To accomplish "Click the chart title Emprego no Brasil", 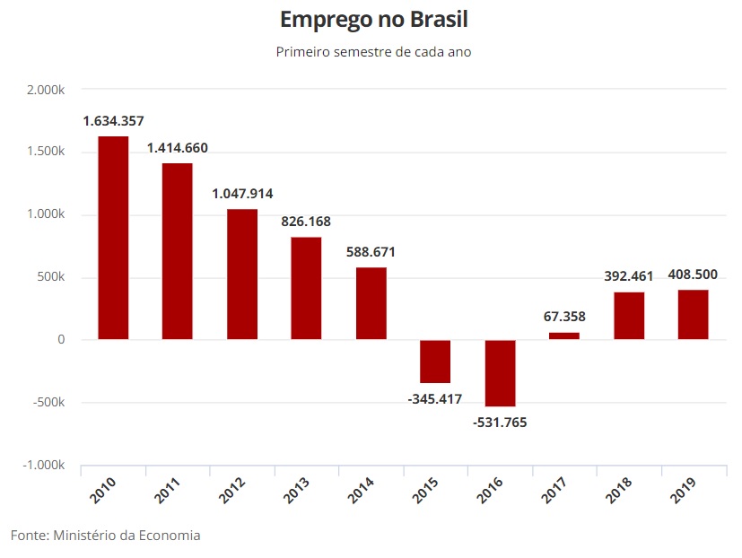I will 373,20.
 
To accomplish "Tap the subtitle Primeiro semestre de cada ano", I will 373,52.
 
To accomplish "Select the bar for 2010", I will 113,238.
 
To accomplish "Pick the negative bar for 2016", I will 500,373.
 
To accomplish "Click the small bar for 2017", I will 564,336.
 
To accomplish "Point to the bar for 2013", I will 306,288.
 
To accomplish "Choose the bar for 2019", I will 694,314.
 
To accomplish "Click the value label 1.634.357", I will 113,121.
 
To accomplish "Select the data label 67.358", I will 564,317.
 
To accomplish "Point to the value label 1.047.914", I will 242,194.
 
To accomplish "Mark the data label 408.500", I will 694,275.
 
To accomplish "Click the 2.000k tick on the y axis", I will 46,90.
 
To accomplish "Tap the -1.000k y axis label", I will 44,466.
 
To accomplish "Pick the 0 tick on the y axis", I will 60,340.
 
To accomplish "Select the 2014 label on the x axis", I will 362,491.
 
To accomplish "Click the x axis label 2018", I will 620,491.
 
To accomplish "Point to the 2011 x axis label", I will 168,491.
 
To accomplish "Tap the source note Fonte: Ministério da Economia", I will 105,536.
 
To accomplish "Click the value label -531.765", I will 500,422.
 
